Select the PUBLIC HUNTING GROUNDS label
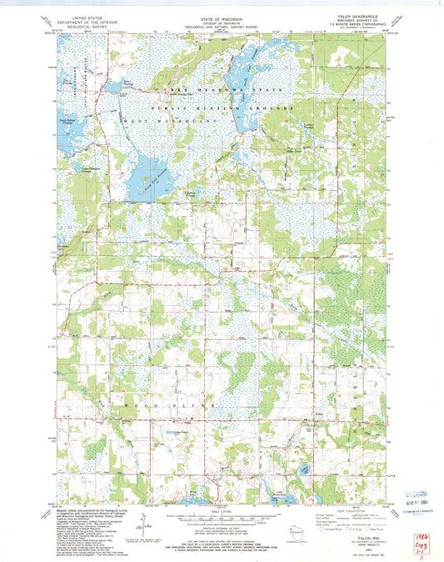(222, 108)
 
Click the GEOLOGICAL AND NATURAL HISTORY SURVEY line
(222, 27)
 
